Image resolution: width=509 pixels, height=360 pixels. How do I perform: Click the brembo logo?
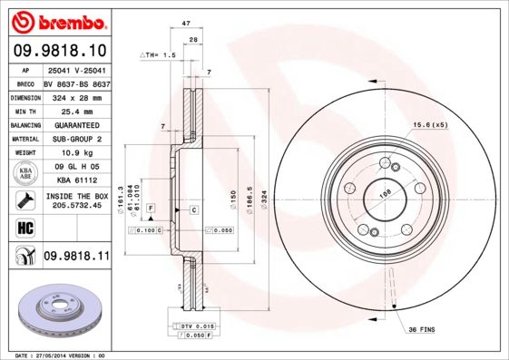pos(56,20)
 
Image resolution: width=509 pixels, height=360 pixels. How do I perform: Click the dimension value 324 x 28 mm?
pos(75,95)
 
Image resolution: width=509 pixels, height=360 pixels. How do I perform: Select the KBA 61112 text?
pos(75,180)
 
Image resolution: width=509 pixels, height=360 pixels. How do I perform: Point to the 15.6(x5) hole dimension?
pos(431,124)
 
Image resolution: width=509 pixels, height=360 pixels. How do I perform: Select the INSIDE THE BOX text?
pos(76,195)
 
